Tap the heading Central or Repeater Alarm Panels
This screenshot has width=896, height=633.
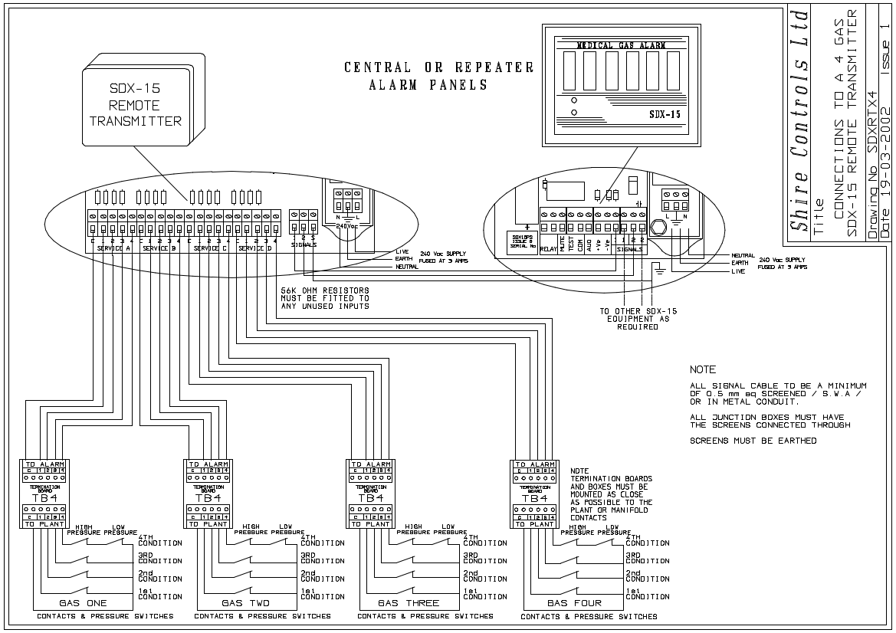pyautogui.click(x=438, y=76)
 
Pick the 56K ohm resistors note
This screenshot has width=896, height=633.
pyautogui.click(x=326, y=298)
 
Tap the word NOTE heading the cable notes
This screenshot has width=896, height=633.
pyautogui.click(x=702, y=370)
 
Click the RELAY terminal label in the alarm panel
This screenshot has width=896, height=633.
pyautogui.click(x=548, y=249)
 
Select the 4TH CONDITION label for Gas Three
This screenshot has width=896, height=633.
pyautogui.click(x=484, y=540)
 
